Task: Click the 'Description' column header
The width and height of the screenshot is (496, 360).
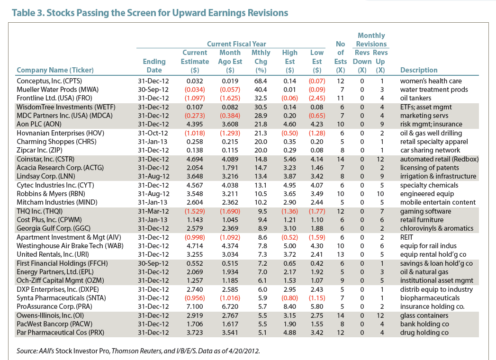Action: (419, 70)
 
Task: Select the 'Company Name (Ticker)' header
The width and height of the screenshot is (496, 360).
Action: (55, 70)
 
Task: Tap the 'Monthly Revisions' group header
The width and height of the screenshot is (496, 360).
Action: (371, 40)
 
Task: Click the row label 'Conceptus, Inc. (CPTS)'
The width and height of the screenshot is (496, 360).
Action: (49, 81)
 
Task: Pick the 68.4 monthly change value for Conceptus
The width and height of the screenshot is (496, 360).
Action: (261, 81)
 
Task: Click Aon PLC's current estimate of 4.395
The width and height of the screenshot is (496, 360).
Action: (195, 124)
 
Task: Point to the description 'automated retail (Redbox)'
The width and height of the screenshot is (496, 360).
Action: (439, 159)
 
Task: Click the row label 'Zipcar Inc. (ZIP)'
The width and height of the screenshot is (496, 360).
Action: (39, 150)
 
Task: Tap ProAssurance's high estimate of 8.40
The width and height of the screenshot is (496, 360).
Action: (290, 306)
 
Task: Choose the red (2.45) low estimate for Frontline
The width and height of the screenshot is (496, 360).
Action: (317, 99)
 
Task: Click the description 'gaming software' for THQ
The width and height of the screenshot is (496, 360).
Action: (425, 211)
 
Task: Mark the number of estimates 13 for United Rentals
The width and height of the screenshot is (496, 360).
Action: (340, 255)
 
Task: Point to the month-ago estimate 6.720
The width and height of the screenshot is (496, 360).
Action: (230, 306)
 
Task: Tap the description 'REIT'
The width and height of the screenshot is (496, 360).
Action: (406, 237)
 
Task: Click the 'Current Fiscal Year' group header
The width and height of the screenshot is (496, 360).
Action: (236, 44)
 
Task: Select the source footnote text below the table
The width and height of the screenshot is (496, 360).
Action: (138, 351)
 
